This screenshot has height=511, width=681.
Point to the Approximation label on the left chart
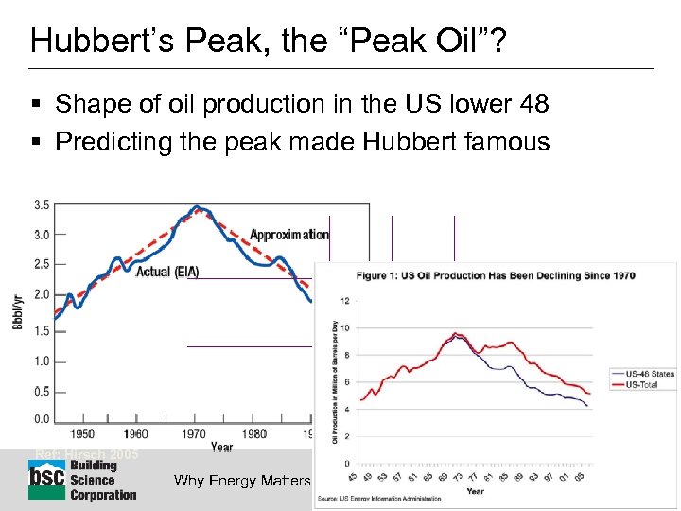point(288,234)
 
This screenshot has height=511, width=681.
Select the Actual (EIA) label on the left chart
point(167,272)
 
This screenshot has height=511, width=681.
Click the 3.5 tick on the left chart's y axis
point(42,204)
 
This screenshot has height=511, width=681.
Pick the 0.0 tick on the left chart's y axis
point(42,419)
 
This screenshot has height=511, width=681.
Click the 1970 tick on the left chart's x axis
point(194,434)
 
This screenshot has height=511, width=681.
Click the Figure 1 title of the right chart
point(495,276)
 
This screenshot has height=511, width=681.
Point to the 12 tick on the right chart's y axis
point(345,301)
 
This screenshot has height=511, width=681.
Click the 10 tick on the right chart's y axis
point(345,328)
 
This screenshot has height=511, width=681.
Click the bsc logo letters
point(46,479)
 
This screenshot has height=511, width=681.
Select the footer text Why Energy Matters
point(242,481)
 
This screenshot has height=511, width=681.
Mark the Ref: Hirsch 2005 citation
point(86,454)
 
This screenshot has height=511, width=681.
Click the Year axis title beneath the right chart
point(476,491)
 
